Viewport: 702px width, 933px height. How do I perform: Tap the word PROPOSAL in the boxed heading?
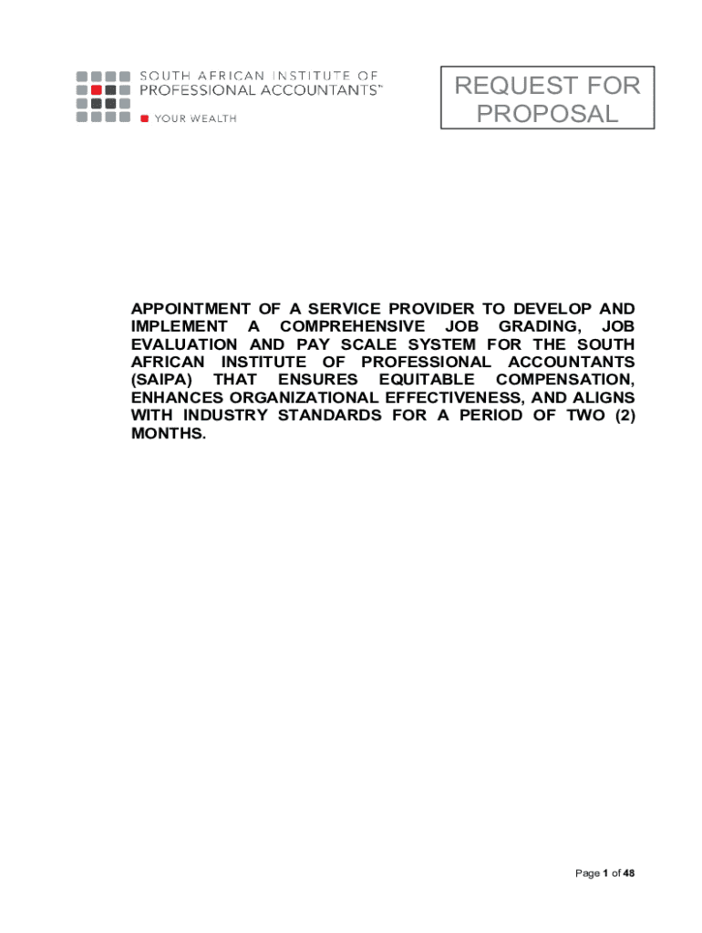click(547, 114)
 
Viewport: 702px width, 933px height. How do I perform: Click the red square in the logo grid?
click(96, 89)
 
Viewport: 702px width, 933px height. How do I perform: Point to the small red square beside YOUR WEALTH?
click(144, 118)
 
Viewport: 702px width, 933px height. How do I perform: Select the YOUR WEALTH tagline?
click(195, 118)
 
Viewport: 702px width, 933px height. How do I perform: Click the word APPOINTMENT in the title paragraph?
click(185, 309)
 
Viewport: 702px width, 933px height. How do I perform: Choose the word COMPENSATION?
click(565, 379)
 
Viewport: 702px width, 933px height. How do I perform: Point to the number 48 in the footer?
click(628, 874)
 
